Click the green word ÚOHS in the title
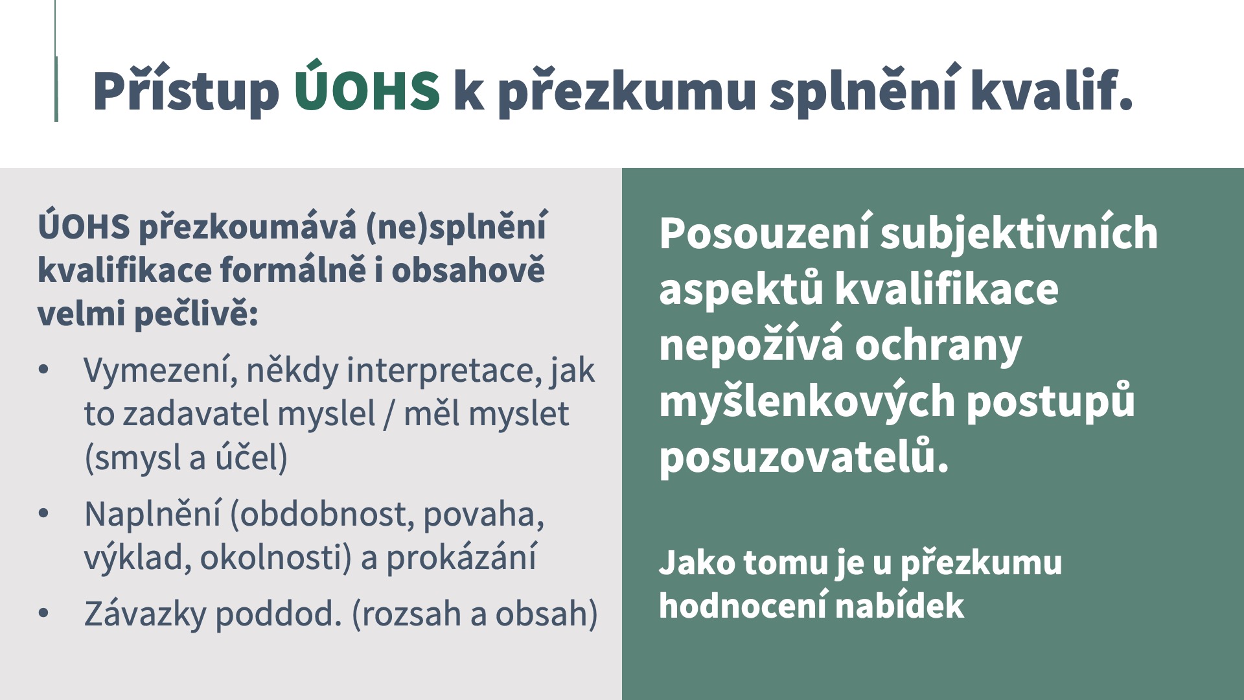coord(367,87)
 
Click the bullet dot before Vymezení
coord(44,370)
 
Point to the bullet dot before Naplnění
coord(44,514)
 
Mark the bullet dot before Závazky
coord(44,613)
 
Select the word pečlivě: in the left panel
coord(196,315)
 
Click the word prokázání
coord(461,557)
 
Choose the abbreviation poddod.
coord(278,614)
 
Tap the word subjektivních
coord(1019,234)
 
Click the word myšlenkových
coord(807,402)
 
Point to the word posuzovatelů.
coord(804,457)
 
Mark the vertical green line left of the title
coord(56,61)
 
